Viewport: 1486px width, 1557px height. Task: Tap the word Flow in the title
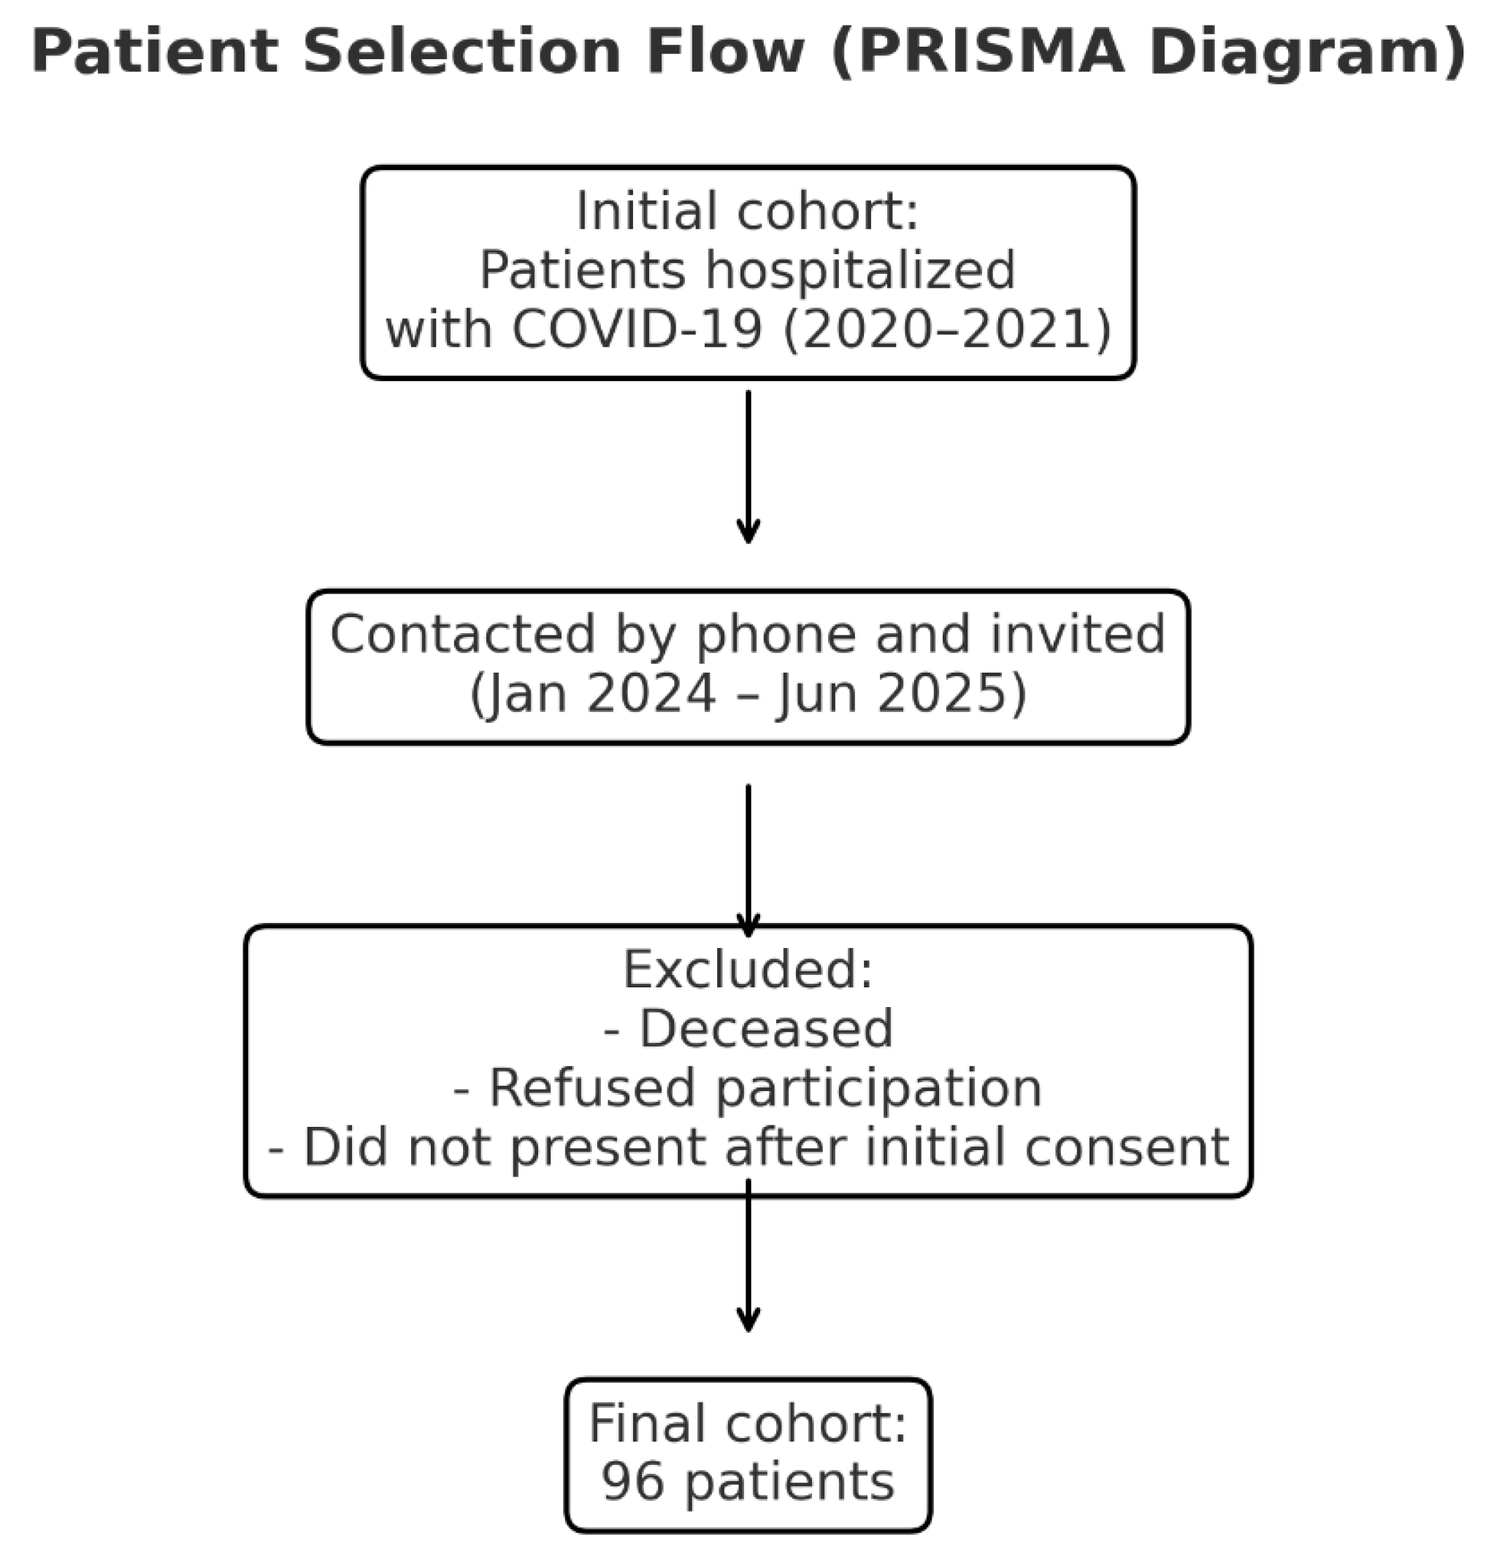click(726, 53)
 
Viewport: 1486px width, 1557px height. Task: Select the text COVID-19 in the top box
click(637, 329)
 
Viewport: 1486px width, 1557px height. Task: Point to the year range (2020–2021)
click(947, 329)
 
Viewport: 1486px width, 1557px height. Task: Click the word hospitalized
click(859, 270)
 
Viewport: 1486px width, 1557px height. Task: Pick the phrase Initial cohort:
click(747, 212)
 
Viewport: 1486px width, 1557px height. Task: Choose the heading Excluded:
click(747, 970)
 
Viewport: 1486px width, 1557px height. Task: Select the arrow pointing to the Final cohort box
click(748, 1260)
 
